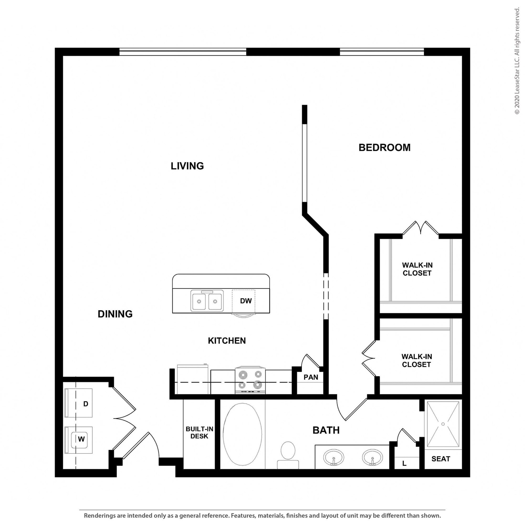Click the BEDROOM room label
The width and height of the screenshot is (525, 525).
pos(384,148)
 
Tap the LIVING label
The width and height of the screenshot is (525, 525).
pos(187,166)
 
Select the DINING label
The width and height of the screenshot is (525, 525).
pos(115,314)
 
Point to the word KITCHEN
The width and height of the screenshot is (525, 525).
pos(227,340)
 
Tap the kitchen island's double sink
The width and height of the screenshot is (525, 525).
pos(207,300)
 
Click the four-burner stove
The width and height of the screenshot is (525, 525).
pos(250,380)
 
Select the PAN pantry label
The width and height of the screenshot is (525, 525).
pos(311,377)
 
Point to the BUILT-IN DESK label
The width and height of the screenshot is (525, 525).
pos(199,433)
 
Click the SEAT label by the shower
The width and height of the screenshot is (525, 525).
pos(441,459)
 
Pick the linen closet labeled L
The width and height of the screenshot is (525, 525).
pos(404,463)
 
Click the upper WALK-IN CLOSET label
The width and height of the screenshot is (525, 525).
pos(417,269)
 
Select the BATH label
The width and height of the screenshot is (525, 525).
pos(326,430)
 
